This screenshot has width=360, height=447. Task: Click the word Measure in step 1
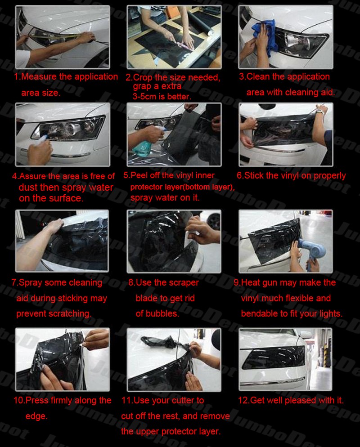39,76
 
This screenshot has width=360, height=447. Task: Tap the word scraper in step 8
183,283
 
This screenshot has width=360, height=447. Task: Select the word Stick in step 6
254,175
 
